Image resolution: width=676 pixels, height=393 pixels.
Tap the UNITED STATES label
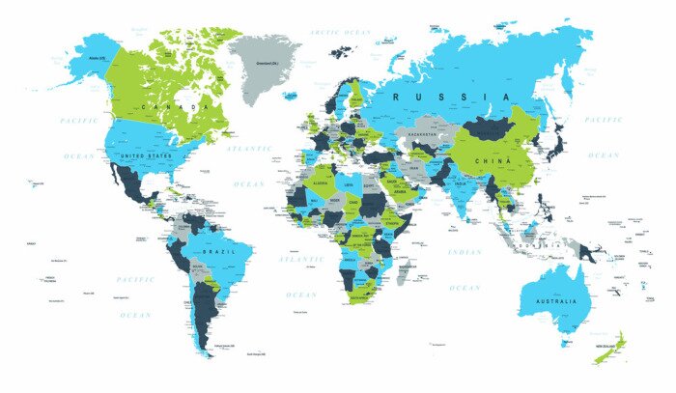[145, 154]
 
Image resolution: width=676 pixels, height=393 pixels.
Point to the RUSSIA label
[448, 97]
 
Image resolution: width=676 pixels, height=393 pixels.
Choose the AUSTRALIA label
[547, 301]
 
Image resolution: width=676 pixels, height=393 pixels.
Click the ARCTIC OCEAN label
[340, 32]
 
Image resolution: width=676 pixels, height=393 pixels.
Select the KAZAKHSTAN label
[423, 134]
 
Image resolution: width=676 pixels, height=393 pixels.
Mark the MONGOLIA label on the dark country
[493, 133]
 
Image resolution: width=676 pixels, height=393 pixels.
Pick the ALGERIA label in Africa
[323, 182]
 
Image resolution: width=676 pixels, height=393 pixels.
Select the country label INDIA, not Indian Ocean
[461, 187]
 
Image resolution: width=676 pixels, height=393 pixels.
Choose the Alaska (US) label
[97, 59]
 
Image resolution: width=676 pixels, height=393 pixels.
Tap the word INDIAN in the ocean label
[464, 252]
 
